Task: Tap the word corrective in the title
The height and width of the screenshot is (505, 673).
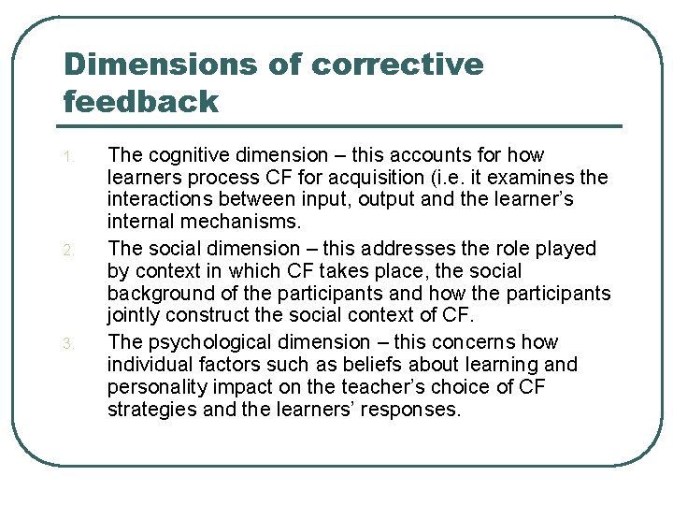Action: click(x=397, y=65)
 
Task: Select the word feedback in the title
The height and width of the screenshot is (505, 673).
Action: click(x=140, y=100)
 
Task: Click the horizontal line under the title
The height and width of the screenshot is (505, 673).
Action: click(x=341, y=125)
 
